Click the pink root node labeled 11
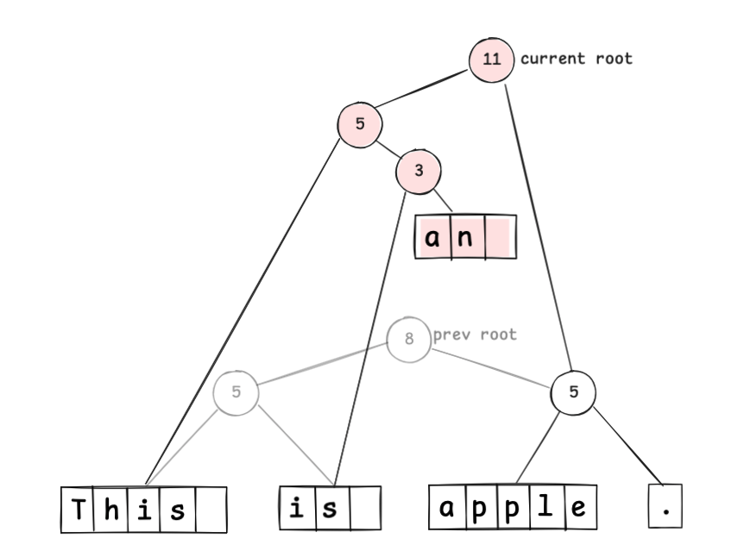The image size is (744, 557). (x=491, y=59)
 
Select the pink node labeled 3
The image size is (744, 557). (x=419, y=171)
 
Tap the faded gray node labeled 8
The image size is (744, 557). (x=408, y=339)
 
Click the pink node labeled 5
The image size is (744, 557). (x=360, y=124)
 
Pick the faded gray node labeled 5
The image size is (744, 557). (x=236, y=393)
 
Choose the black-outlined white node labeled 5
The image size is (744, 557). (x=573, y=393)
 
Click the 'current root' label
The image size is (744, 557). (x=576, y=59)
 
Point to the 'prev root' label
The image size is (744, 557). (x=475, y=335)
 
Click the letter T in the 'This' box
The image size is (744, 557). (x=78, y=510)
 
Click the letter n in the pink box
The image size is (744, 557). (x=465, y=237)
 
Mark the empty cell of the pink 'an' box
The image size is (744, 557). (x=499, y=237)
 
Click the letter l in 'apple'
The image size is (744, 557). (x=546, y=508)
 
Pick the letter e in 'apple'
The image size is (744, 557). (x=577, y=508)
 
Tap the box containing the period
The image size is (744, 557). (x=665, y=508)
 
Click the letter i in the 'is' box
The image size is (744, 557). (x=296, y=509)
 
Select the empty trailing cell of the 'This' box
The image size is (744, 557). (x=210, y=510)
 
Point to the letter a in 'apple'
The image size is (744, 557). (x=447, y=508)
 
